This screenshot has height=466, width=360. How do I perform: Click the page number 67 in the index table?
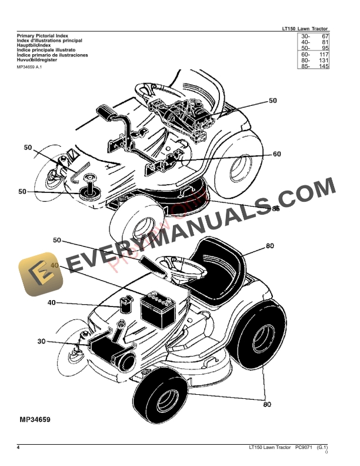[324, 36]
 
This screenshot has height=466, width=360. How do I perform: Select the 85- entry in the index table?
[305, 66]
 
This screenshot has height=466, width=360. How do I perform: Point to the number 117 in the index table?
[323, 54]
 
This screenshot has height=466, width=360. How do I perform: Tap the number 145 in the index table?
[323, 66]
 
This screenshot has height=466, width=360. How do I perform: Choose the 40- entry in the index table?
[305, 42]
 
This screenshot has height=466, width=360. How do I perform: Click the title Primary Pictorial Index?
[44, 36]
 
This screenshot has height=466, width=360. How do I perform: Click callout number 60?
[276, 154]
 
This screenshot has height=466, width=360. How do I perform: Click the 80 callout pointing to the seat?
[269, 246]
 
